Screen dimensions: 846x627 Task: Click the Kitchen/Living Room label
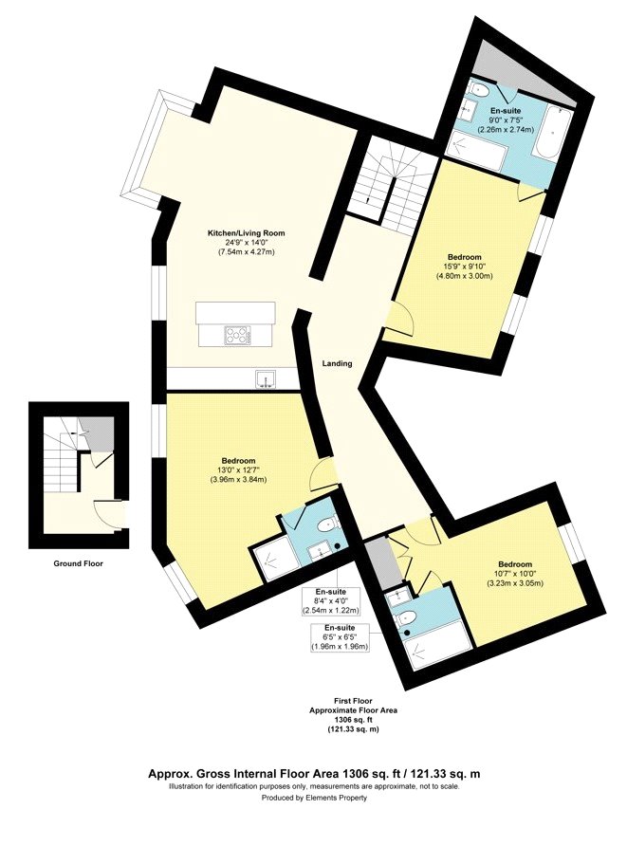246,232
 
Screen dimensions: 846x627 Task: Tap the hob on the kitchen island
237,334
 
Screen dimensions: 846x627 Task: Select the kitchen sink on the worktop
266,380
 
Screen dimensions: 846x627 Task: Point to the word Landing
338,363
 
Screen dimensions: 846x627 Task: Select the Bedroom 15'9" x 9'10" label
465,257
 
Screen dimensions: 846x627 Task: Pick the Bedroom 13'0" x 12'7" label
239,461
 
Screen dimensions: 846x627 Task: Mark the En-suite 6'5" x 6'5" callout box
340,636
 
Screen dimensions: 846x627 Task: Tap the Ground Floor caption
79,562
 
